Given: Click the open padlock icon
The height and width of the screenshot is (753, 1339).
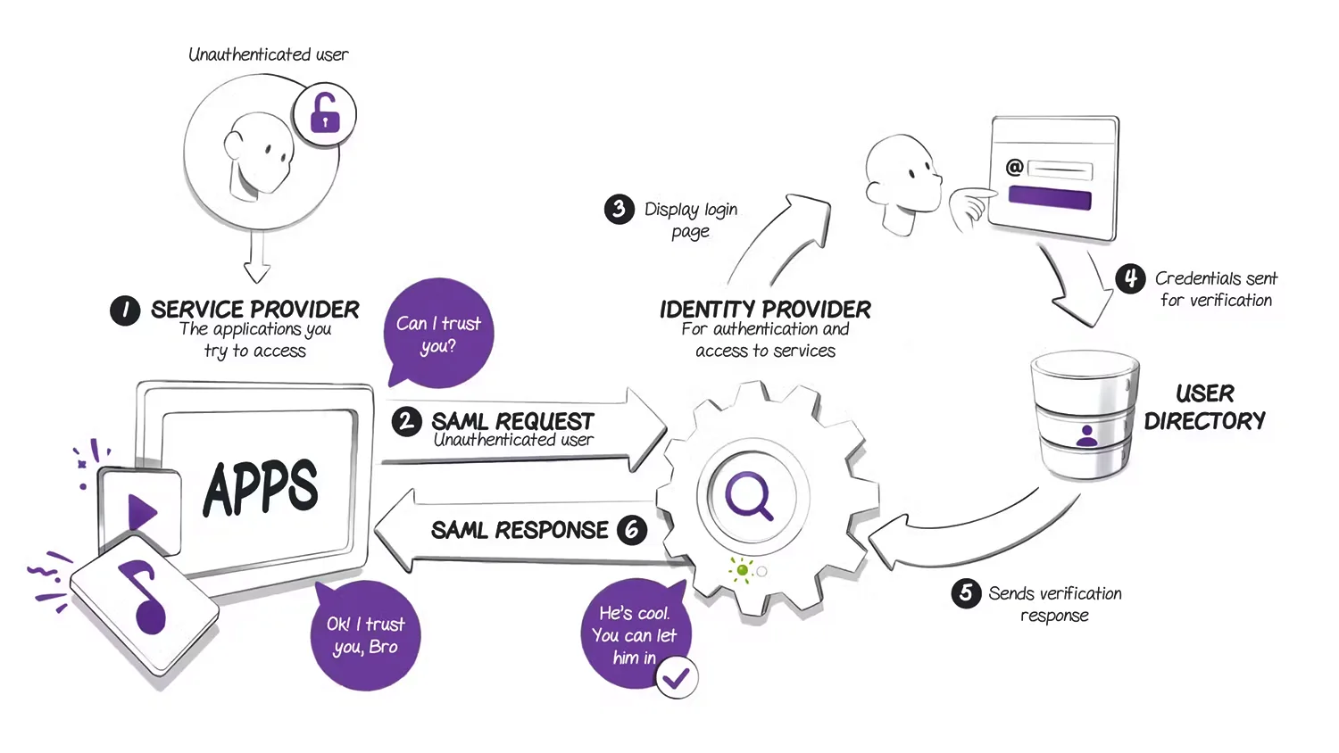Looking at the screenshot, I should [x=325, y=114].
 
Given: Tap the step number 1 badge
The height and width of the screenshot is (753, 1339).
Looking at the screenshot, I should [x=125, y=310].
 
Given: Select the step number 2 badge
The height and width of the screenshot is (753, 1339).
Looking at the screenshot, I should [x=407, y=421].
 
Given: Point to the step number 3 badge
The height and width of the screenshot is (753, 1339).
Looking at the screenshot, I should [x=619, y=210].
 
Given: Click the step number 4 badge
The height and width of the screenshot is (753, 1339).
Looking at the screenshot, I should [x=1130, y=278].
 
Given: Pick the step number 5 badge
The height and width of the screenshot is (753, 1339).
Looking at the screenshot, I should [x=966, y=593].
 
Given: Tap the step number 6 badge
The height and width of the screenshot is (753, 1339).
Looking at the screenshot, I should [x=632, y=530].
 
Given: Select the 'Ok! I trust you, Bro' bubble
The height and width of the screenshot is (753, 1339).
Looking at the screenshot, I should [x=366, y=635].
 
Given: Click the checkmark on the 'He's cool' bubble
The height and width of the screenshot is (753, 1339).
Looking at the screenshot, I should [x=677, y=679].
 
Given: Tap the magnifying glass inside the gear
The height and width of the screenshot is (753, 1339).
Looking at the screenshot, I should [x=748, y=495].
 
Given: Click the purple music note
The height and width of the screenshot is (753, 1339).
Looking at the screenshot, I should [x=146, y=596].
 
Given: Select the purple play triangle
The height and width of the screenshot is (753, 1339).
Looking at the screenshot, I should [x=141, y=513].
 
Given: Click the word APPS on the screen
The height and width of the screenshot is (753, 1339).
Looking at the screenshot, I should [x=261, y=488].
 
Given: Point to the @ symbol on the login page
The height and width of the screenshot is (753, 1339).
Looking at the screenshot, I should [x=1014, y=167].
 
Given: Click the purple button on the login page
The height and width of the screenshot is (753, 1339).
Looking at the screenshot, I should [x=1050, y=197].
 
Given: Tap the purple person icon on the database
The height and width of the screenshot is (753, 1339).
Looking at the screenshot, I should [x=1086, y=435].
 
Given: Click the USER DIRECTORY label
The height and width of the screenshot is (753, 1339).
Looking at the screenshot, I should [x=1205, y=407].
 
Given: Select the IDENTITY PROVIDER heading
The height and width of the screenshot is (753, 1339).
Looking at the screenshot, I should [x=765, y=310].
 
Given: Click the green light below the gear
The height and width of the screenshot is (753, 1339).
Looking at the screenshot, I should [x=742, y=569].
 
